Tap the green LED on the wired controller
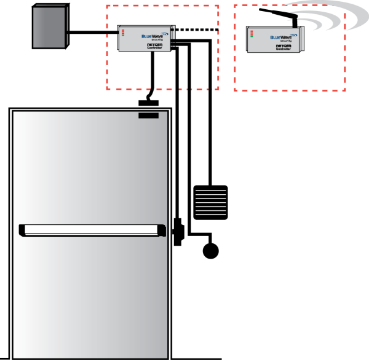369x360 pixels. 122,35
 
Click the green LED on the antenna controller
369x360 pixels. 251,35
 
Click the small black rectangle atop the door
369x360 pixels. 148,115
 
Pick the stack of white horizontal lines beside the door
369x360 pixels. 210,202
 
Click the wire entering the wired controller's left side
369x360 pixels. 111,31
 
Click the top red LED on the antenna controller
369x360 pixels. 251,29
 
